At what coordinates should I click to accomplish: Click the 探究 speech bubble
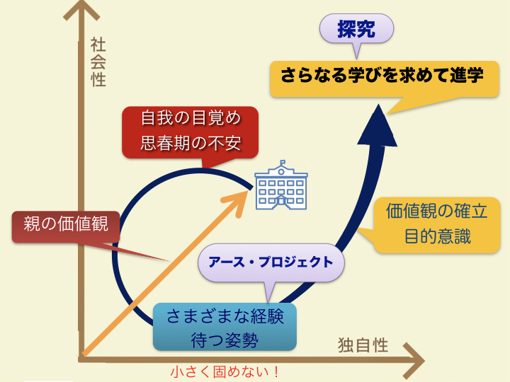coord(356,29)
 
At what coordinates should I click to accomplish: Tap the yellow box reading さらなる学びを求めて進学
coord(385,79)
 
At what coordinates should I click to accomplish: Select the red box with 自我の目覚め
coord(191,132)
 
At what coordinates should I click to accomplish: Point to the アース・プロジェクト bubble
coord(271,262)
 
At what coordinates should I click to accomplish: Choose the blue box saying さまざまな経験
coord(225,327)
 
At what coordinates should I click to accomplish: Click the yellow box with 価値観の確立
coord(437,225)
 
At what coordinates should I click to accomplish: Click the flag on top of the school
coord(283,162)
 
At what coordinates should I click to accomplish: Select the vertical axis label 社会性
coord(98,62)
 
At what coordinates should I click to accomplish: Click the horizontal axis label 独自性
coord(363,345)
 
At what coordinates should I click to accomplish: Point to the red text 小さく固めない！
coord(225,371)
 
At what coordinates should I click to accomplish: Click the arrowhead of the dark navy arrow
coord(378,125)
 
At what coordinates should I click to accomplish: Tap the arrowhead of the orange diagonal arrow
coord(237,204)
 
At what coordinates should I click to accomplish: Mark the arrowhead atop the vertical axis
coord(81,10)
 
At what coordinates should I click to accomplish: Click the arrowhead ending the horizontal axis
coord(414,361)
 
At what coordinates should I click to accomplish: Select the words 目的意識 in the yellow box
coord(438,236)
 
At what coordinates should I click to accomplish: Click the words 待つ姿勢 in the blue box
coord(225,340)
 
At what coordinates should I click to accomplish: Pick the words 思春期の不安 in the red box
coord(191,143)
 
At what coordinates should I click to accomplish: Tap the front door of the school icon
coord(281,203)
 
